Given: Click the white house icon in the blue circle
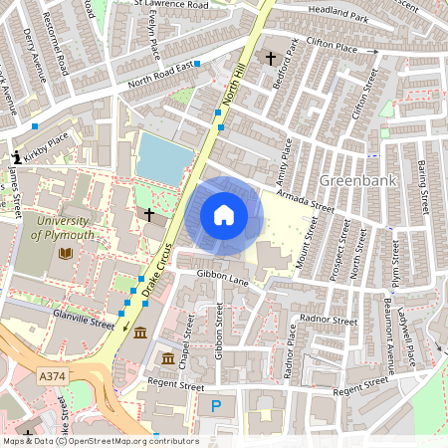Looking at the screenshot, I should (224, 214).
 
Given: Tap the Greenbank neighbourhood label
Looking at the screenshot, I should (358, 181).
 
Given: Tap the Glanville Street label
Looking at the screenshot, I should (84, 322).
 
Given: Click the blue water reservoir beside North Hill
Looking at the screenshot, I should (161, 157).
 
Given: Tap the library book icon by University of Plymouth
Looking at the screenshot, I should (66, 254).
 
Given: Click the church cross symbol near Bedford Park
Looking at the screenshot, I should (270, 59).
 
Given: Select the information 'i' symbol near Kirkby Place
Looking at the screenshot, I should (16, 157).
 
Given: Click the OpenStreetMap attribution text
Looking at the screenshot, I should (101, 441).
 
